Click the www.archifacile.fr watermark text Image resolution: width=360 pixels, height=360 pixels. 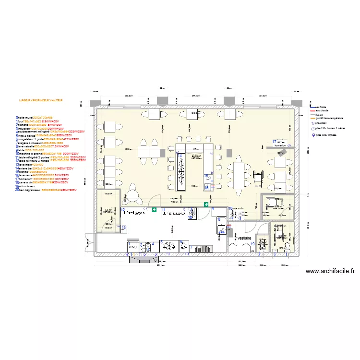330,271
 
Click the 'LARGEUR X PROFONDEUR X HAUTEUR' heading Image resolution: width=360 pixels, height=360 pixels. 41,101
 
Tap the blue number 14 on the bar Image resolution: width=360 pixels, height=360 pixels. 180,156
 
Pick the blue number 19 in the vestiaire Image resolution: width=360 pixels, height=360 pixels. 252,244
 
